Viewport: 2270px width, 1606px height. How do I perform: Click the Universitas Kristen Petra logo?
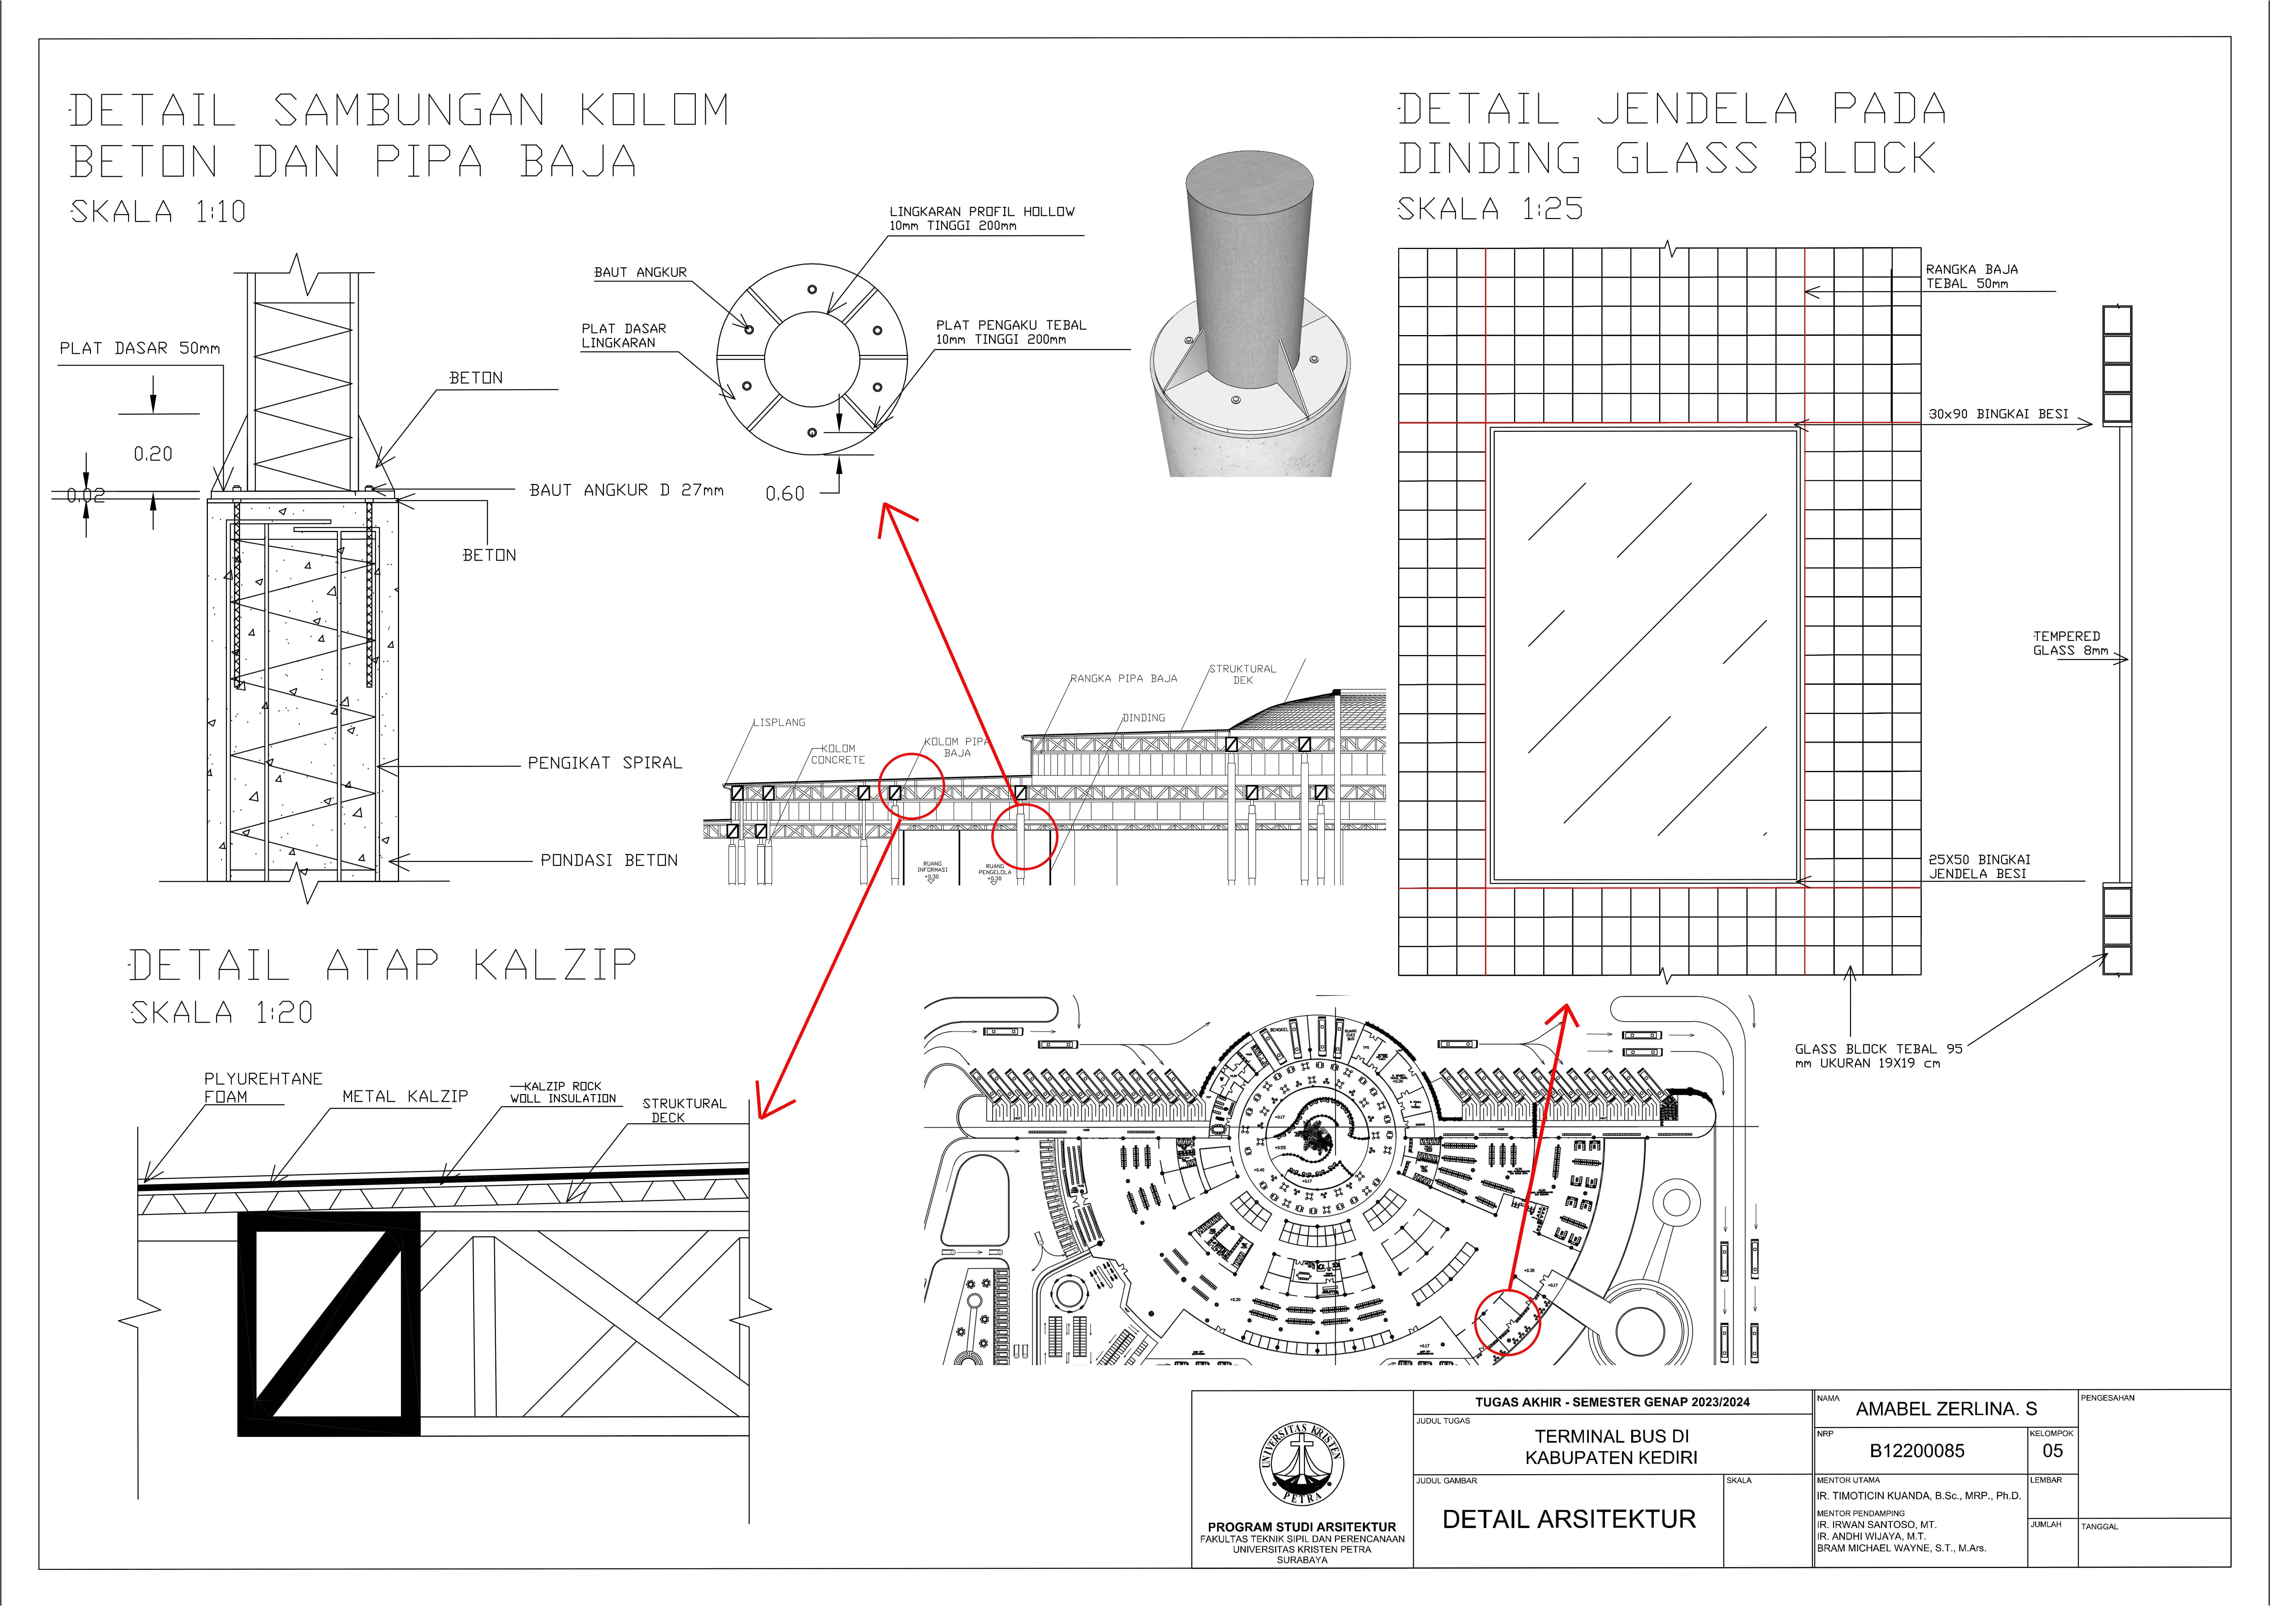[x=1301, y=1464]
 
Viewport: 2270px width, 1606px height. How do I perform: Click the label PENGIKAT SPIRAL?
[x=604, y=762]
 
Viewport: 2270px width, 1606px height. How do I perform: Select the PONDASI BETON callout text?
[x=609, y=860]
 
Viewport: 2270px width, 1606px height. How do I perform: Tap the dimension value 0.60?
[x=785, y=493]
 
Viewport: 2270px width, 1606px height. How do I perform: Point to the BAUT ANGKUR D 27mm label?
[x=626, y=489]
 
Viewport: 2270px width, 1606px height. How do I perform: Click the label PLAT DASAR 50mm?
[x=139, y=348]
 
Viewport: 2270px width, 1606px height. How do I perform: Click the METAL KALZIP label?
[x=405, y=1096]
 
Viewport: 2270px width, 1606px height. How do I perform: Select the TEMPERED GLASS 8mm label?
[x=2069, y=643]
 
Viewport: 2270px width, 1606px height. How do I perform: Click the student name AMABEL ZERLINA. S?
[x=1946, y=1408]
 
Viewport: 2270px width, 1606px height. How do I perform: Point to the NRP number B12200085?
[x=1916, y=1451]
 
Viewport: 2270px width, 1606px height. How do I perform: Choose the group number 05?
[x=2052, y=1451]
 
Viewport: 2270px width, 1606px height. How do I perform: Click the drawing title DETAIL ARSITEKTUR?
[x=1568, y=1519]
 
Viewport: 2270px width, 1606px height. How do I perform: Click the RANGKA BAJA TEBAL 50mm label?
[x=1971, y=276]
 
